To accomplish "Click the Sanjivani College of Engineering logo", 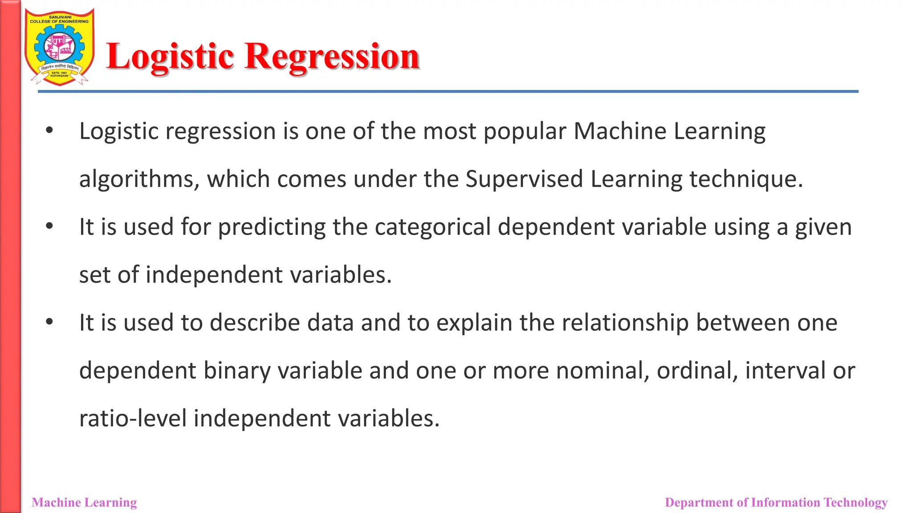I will [x=60, y=47].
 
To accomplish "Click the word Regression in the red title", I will [x=332, y=57].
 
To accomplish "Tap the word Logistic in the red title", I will [x=170, y=57].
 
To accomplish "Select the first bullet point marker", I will [x=49, y=130].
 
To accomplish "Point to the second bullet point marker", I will [x=49, y=226].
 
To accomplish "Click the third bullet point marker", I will [x=49, y=322].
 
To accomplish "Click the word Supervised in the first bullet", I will [x=524, y=179].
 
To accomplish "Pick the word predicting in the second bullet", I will [x=272, y=227].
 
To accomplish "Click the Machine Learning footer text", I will [x=84, y=502].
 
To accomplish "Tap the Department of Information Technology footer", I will [x=776, y=502].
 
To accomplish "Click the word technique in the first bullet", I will [x=746, y=179].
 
